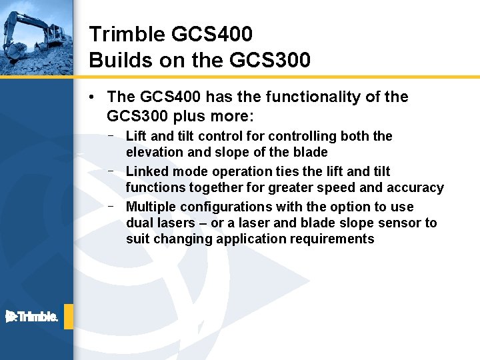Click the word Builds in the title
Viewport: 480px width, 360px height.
click(115, 60)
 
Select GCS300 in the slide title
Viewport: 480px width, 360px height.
click(269, 60)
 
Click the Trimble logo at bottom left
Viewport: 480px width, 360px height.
click(32, 316)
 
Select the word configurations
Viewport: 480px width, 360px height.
click(221, 207)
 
